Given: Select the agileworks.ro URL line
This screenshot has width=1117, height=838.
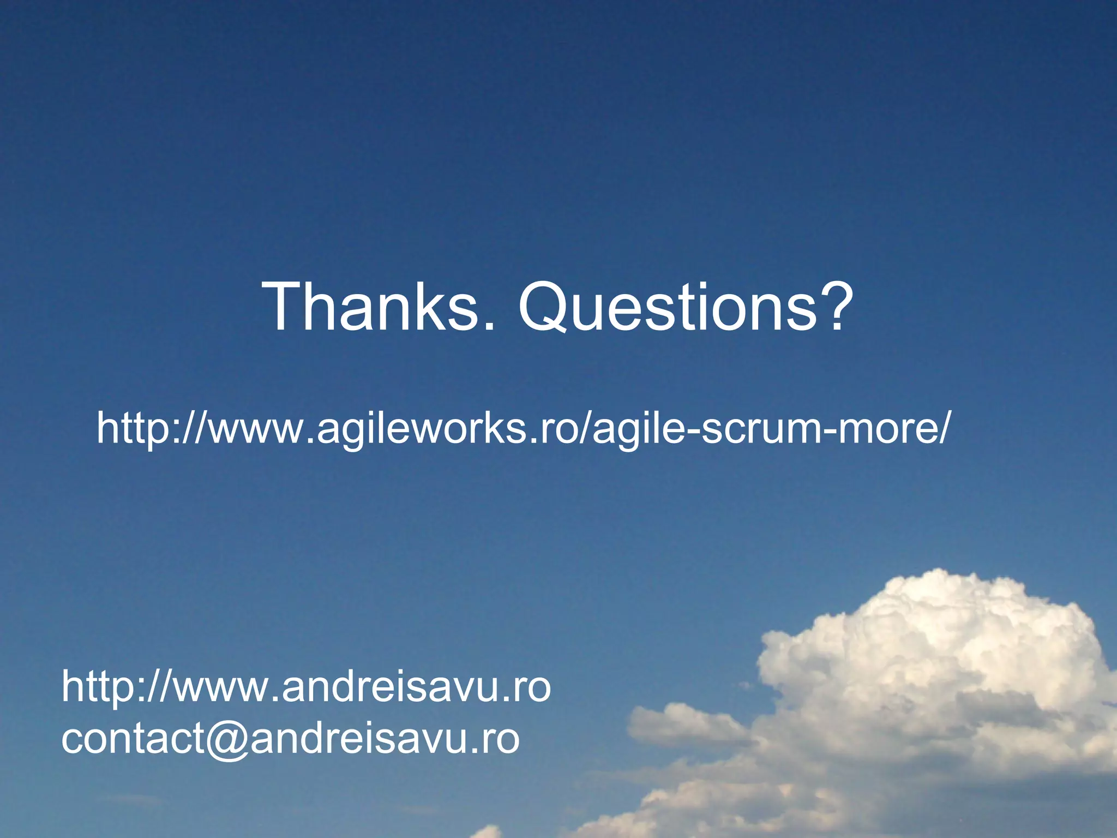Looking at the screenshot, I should coord(524,429).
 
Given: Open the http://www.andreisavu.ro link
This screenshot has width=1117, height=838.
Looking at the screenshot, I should coord(306,687).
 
